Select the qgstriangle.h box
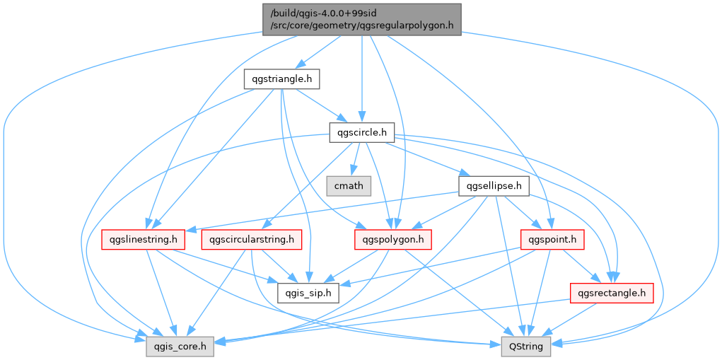(x=281, y=79)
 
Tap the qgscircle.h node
(x=362, y=132)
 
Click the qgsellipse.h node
(x=494, y=186)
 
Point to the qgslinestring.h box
(x=143, y=239)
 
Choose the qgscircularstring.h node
(x=252, y=239)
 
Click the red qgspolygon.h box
(x=393, y=239)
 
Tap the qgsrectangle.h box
(x=611, y=292)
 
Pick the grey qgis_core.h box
(x=180, y=346)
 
